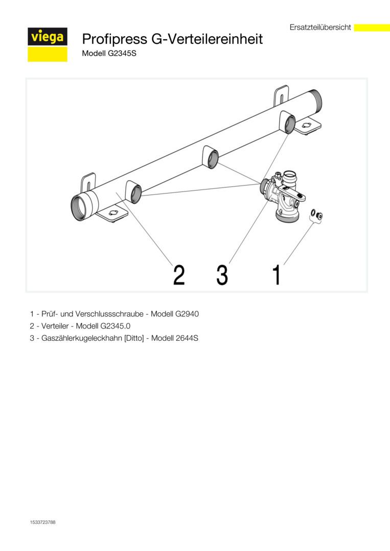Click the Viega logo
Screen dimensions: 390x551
point(48,44)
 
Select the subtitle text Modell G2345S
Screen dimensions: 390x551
point(109,54)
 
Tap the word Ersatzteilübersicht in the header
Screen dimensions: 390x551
point(320,27)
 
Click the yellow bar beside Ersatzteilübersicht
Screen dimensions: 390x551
point(372,28)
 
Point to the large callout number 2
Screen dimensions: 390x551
point(179,275)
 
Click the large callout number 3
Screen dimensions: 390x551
point(222,275)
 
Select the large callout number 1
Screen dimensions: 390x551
point(277,275)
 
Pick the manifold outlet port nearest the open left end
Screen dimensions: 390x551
point(134,192)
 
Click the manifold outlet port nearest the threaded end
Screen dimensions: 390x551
point(288,122)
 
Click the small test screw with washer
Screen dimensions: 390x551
point(316,215)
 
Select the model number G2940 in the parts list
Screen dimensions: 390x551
point(187,314)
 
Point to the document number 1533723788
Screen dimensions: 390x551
point(42,522)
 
